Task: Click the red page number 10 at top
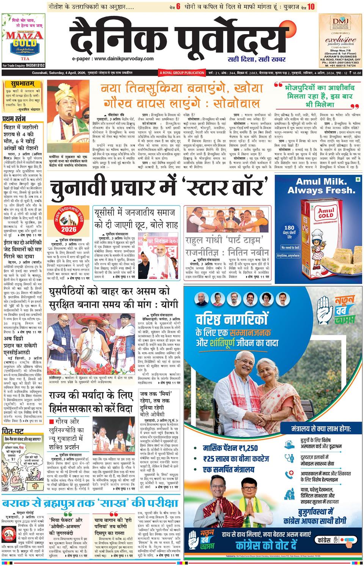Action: (311, 6)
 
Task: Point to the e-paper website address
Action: (112, 59)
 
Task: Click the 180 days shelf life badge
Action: (288, 232)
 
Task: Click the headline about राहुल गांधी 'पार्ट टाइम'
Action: (227, 246)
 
